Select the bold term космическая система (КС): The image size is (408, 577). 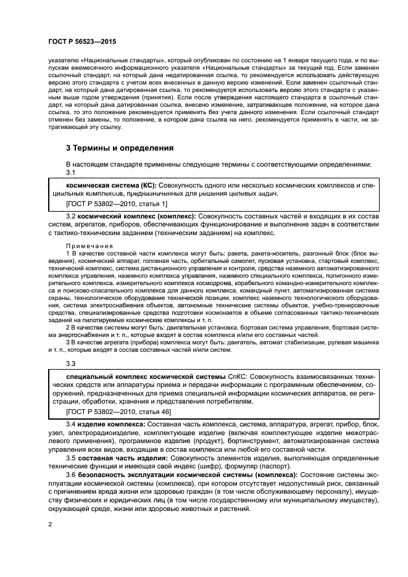[x=111, y=185]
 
